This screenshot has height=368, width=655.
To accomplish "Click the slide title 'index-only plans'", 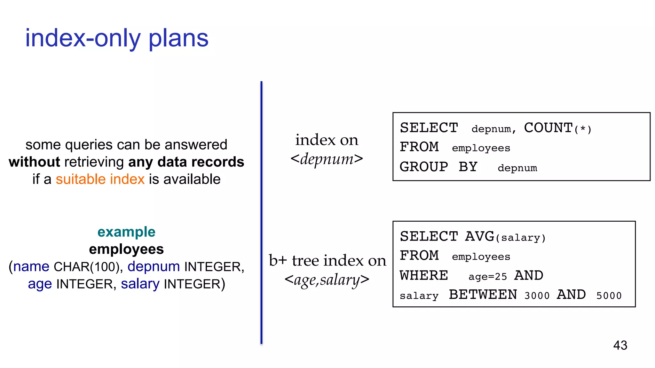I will pyautogui.click(x=117, y=38).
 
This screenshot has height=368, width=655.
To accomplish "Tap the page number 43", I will pyautogui.click(x=620, y=345).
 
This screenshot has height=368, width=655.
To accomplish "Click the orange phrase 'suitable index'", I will pyautogui.click(x=100, y=179).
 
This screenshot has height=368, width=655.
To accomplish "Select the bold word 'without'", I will pyautogui.click(x=34, y=162).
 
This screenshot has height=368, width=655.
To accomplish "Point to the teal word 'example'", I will pyautogui.click(x=126, y=232).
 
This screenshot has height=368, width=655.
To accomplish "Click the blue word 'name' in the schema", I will pyautogui.click(x=31, y=267).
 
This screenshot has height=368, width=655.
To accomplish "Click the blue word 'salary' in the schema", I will pyautogui.click(x=140, y=284).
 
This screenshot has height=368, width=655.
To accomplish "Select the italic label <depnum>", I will pyautogui.click(x=327, y=159).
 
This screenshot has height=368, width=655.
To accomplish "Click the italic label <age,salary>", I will pyautogui.click(x=327, y=280).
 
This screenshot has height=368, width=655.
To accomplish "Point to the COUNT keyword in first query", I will pyautogui.click(x=548, y=128).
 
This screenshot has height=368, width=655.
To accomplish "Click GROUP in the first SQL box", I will pyautogui.click(x=424, y=167).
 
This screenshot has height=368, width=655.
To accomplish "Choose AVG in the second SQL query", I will pyautogui.click(x=479, y=237).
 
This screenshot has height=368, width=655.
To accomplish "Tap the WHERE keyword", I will pyautogui.click(x=424, y=276).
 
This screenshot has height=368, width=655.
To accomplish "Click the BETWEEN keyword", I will pyautogui.click(x=483, y=295).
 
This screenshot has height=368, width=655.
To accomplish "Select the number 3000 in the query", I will pyautogui.click(x=537, y=296).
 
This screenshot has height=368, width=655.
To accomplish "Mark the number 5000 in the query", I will pyautogui.click(x=609, y=296).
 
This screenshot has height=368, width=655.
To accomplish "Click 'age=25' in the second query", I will pyautogui.click(x=488, y=277).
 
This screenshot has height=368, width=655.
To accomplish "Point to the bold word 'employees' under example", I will pyautogui.click(x=126, y=249).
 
